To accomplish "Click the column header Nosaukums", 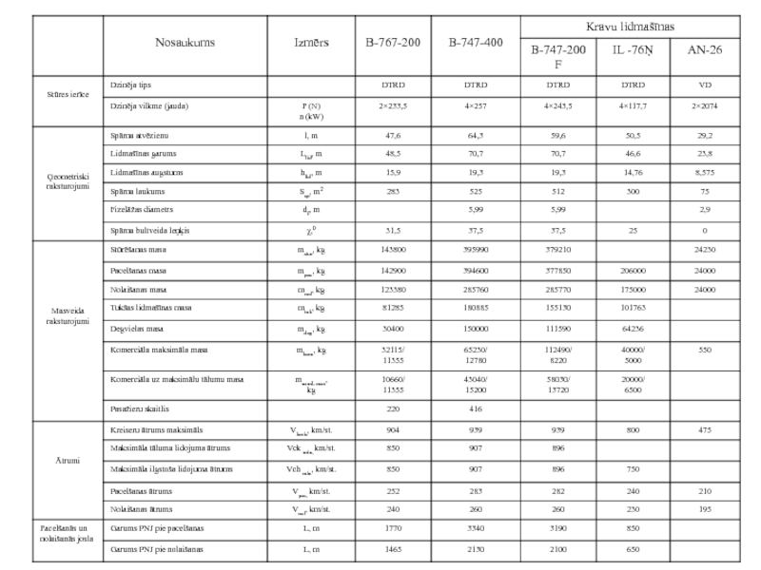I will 185,43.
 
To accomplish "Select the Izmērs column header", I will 312,43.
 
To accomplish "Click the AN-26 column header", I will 704,49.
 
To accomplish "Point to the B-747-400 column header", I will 476,43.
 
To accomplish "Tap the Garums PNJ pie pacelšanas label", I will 157,527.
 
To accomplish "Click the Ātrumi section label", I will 68,460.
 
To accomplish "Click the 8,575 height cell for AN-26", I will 704,172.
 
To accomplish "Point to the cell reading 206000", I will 632,271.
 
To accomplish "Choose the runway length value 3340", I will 476,527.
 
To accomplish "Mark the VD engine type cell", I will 704,85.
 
